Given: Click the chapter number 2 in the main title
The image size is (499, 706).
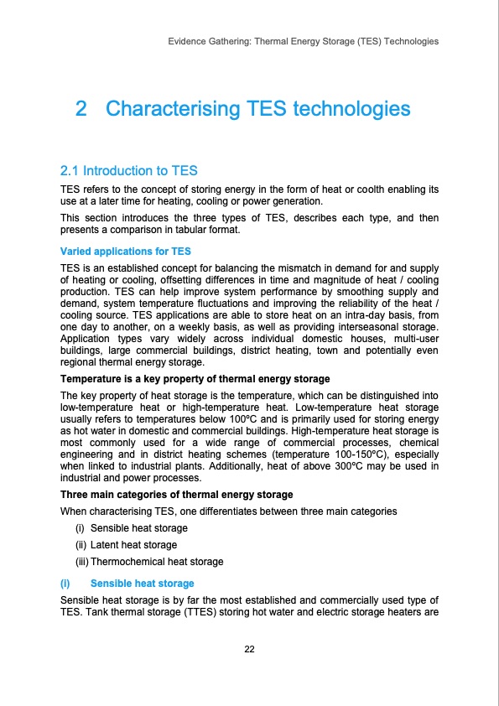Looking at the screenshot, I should click(81, 109).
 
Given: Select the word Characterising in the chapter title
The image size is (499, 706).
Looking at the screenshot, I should click(172, 109).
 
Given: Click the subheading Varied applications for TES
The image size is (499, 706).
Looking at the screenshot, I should click(114, 251).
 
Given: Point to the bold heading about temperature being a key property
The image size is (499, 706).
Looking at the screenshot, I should click(195, 379).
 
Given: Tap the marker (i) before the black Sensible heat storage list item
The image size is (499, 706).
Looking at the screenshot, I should click(81, 528).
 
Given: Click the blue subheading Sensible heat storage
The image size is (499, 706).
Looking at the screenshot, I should click(142, 583).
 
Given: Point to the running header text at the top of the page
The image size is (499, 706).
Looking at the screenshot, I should click(303, 40).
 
